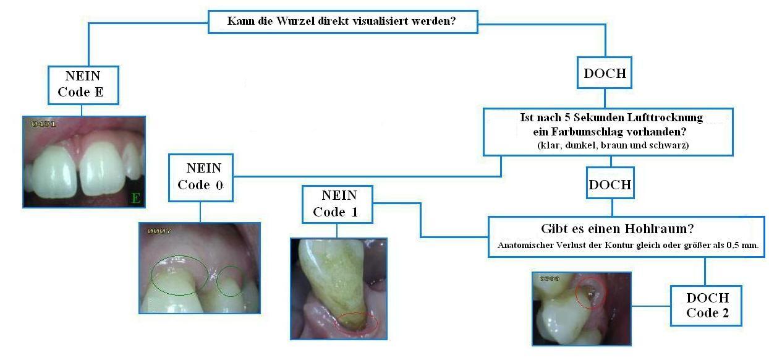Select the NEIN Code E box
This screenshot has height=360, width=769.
83,84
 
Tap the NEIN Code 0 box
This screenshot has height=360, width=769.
201,177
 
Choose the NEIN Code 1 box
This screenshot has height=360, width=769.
338,204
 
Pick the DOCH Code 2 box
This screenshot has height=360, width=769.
707,305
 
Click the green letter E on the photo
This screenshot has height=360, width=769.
135,199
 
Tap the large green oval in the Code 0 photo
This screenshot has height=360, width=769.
179,276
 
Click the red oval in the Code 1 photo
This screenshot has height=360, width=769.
357,322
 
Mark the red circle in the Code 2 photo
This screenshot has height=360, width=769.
592,293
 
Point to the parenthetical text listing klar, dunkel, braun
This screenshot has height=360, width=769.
609,145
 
